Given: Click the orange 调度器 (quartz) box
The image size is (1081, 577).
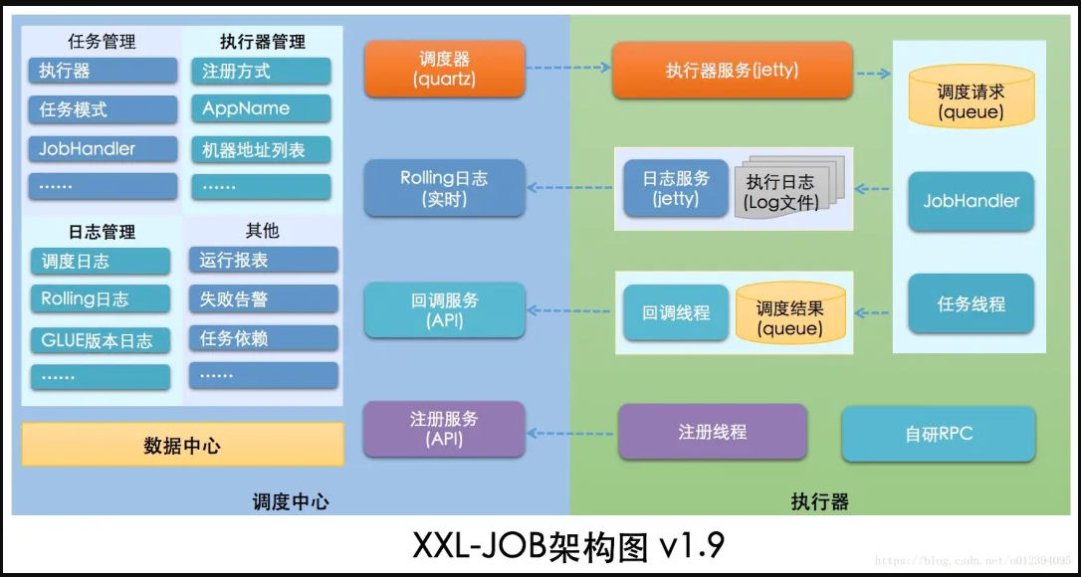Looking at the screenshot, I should tap(444, 69).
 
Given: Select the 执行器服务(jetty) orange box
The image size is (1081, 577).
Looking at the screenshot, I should tap(732, 71).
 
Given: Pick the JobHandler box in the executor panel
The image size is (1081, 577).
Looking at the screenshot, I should tap(971, 201).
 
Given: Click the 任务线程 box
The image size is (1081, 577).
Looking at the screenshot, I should tap(971, 303).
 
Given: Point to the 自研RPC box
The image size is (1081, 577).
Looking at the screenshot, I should tap(939, 434).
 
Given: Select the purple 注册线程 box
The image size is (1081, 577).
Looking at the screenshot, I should tap(713, 432).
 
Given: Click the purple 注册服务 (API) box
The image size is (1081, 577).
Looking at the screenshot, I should tap(444, 429).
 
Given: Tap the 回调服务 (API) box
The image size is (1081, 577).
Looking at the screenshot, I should tap(444, 309).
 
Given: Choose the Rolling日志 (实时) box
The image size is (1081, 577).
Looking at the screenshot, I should tap(444, 188).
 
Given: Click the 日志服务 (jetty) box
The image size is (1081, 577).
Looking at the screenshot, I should tap(676, 188).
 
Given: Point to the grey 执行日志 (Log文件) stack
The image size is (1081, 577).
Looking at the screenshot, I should tap(781, 191).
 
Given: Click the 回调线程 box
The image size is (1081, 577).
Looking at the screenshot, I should tap(676, 312).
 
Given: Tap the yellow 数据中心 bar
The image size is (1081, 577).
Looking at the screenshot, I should tap(182, 445).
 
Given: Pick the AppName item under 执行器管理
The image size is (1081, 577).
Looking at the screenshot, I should tap(260, 109).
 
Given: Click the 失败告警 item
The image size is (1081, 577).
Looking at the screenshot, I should tap(263, 299).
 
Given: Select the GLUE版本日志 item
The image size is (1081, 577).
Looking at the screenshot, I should tap(100, 340).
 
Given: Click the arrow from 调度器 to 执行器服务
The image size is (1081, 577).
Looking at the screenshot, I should tap(568, 69).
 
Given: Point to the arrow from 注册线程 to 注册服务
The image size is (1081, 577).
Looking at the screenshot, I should tap(571, 433).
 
